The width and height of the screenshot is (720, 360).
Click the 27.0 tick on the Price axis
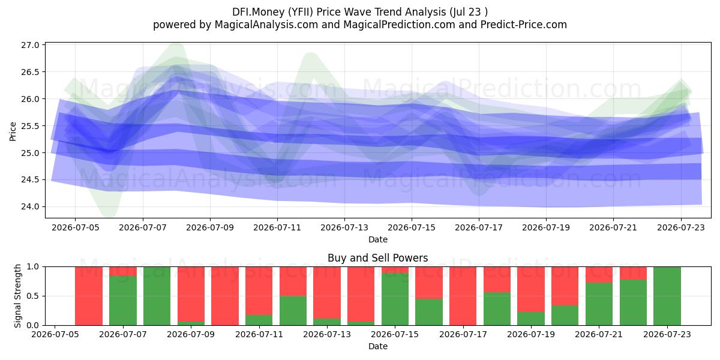[x=30, y=45]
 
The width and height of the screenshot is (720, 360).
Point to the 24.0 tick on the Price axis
[x=30, y=206]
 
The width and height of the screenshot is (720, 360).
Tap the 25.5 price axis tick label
[x=30, y=126]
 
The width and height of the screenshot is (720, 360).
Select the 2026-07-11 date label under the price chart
[x=277, y=227]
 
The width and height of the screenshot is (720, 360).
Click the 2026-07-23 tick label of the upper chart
[x=681, y=227]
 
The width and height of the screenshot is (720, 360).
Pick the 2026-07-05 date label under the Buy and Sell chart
[x=55, y=334]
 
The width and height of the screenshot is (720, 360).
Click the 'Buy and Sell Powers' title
[x=377, y=258]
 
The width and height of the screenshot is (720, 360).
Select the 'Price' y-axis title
[x=13, y=131]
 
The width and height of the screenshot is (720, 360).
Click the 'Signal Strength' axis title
[x=17, y=296]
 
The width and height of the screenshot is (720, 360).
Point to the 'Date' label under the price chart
[x=377, y=239]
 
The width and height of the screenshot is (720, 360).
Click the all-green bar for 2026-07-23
[x=667, y=296]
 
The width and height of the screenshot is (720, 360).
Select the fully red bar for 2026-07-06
[x=89, y=296]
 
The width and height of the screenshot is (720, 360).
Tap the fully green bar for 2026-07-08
[x=157, y=296]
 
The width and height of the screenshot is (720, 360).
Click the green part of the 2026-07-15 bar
[x=395, y=299]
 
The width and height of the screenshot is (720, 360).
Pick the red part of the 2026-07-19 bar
[x=531, y=289]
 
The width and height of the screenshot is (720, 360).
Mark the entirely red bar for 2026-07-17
[x=463, y=296]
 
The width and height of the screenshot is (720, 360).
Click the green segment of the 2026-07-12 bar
[x=293, y=311]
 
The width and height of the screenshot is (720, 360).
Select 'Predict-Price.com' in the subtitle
[x=524, y=25]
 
